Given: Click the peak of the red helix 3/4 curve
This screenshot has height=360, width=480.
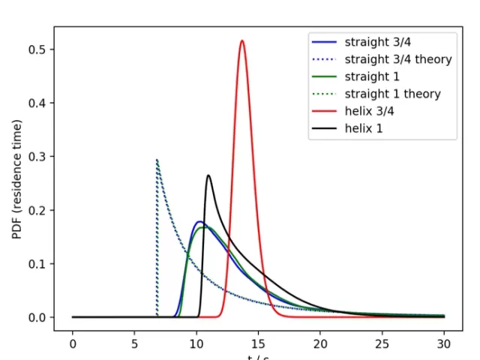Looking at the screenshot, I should coord(242,41).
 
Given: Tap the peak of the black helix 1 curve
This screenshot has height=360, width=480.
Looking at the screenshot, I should coord(208,175).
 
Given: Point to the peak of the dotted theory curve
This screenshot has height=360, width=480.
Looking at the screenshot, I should coord(157,160).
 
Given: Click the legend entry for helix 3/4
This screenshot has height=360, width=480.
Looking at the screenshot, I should coord(373,112).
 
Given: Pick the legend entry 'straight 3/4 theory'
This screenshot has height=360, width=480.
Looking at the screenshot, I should coord(397,58).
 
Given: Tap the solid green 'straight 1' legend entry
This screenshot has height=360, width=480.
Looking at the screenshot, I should coord(372,76).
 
